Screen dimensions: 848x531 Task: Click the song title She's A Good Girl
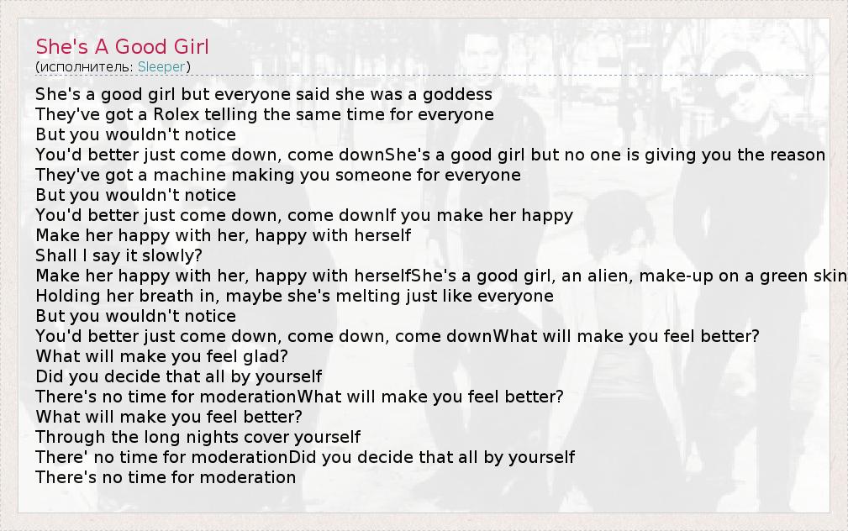point(122,46)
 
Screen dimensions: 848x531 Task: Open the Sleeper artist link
point(161,66)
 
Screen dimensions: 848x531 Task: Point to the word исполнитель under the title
point(86,67)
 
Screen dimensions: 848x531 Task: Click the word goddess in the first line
point(457,95)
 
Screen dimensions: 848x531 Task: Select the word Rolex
point(176,114)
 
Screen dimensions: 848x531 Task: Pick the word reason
point(798,155)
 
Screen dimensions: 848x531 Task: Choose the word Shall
point(55,255)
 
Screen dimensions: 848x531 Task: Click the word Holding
point(68,297)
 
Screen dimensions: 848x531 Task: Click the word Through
point(71,438)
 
